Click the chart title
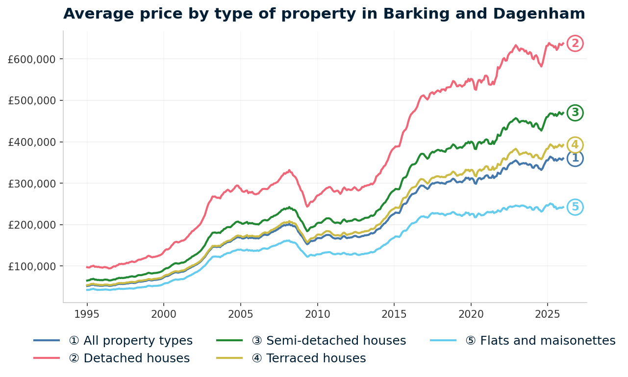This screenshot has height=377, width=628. (324, 14)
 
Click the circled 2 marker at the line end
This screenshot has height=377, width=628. (575, 44)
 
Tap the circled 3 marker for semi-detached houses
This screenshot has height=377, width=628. (575, 113)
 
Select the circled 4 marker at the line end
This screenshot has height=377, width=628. (575, 145)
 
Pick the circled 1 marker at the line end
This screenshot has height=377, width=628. (575, 158)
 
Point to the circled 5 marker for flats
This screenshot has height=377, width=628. (575, 207)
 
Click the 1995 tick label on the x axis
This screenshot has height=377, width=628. (87, 314)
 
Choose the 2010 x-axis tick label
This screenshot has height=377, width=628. (317, 314)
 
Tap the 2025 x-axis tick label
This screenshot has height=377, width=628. (548, 314)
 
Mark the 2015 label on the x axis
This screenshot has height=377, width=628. (394, 314)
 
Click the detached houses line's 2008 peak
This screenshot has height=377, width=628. (289, 170)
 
